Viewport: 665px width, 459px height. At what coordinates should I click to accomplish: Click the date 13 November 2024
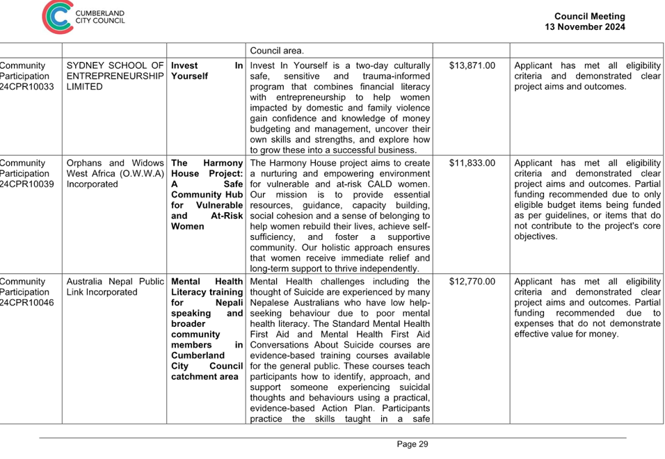[x=585, y=27]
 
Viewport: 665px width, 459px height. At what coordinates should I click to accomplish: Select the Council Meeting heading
[x=589, y=17]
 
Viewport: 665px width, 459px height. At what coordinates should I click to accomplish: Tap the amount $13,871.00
[x=472, y=65]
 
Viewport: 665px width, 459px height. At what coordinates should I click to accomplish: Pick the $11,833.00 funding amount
[x=472, y=163]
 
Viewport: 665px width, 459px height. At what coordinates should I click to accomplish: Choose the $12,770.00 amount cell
[x=472, y=282]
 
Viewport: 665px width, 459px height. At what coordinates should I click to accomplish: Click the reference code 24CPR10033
[x=26, y=87]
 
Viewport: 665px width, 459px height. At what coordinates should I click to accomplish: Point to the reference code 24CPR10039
[x=26, y=184]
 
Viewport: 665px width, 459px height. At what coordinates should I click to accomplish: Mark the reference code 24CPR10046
[x=26, y=303]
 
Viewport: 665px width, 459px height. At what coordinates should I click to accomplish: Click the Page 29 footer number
[x=412, y=444]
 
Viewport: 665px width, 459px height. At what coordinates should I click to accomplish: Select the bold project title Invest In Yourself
[x=207, y=71]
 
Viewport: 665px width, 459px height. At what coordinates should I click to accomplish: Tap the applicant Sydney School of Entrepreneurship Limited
[x=115, y=76]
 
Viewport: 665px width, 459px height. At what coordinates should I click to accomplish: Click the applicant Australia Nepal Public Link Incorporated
[x=115, y=287]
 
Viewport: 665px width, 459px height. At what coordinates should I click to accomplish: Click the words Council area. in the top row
[x=277, y=51]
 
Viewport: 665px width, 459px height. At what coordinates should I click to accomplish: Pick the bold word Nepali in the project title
[x=229, y=303]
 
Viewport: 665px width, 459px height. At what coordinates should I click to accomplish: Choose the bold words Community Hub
[x=207, y=195]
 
